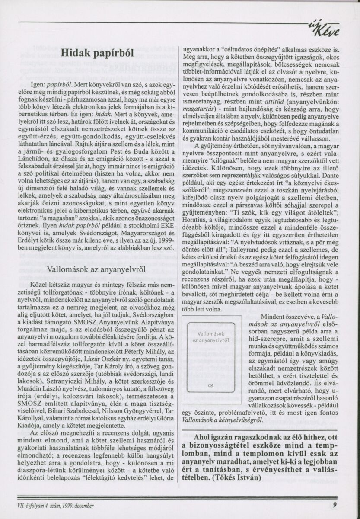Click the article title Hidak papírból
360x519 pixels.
[97, 52]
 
